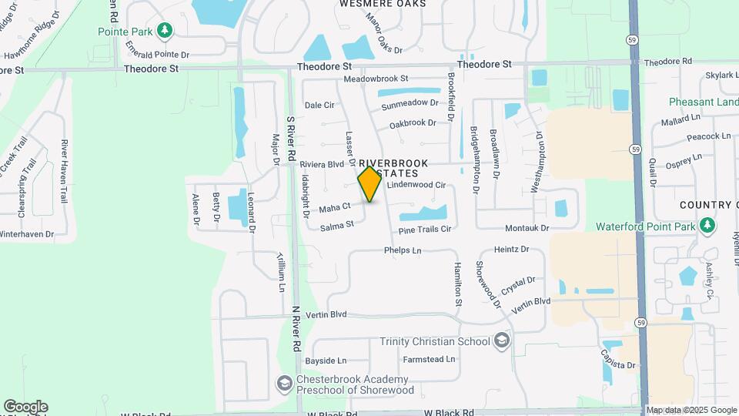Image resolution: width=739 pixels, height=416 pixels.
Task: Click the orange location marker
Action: point(369,183)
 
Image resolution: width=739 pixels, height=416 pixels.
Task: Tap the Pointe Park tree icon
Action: point(164,30)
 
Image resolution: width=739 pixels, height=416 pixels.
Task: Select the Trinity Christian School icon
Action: point(502,341)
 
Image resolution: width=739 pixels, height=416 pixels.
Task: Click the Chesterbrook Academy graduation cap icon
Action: point(284,383)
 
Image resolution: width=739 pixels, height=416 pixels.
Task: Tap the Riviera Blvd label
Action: point(322,164)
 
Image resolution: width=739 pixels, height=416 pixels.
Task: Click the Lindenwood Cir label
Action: point(417,185)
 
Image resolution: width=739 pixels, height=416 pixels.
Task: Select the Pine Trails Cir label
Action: point(424,230)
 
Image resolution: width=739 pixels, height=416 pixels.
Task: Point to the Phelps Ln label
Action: point(403,250)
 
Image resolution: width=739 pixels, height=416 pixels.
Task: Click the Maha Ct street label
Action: point(335,206)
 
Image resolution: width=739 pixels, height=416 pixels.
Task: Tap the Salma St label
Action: point(336,225)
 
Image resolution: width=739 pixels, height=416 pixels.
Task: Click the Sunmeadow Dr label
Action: point(410,102)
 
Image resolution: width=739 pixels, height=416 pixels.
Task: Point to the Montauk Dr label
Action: point(527,228)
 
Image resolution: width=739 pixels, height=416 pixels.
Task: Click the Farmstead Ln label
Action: point(429,359)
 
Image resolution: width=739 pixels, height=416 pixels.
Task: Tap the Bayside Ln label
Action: point(326,360)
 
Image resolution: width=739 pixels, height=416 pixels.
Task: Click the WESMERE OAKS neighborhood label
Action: point(383,4)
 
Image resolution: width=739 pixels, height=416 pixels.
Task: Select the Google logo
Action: point(25,407)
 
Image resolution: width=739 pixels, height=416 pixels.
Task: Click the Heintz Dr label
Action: point(512,250)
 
